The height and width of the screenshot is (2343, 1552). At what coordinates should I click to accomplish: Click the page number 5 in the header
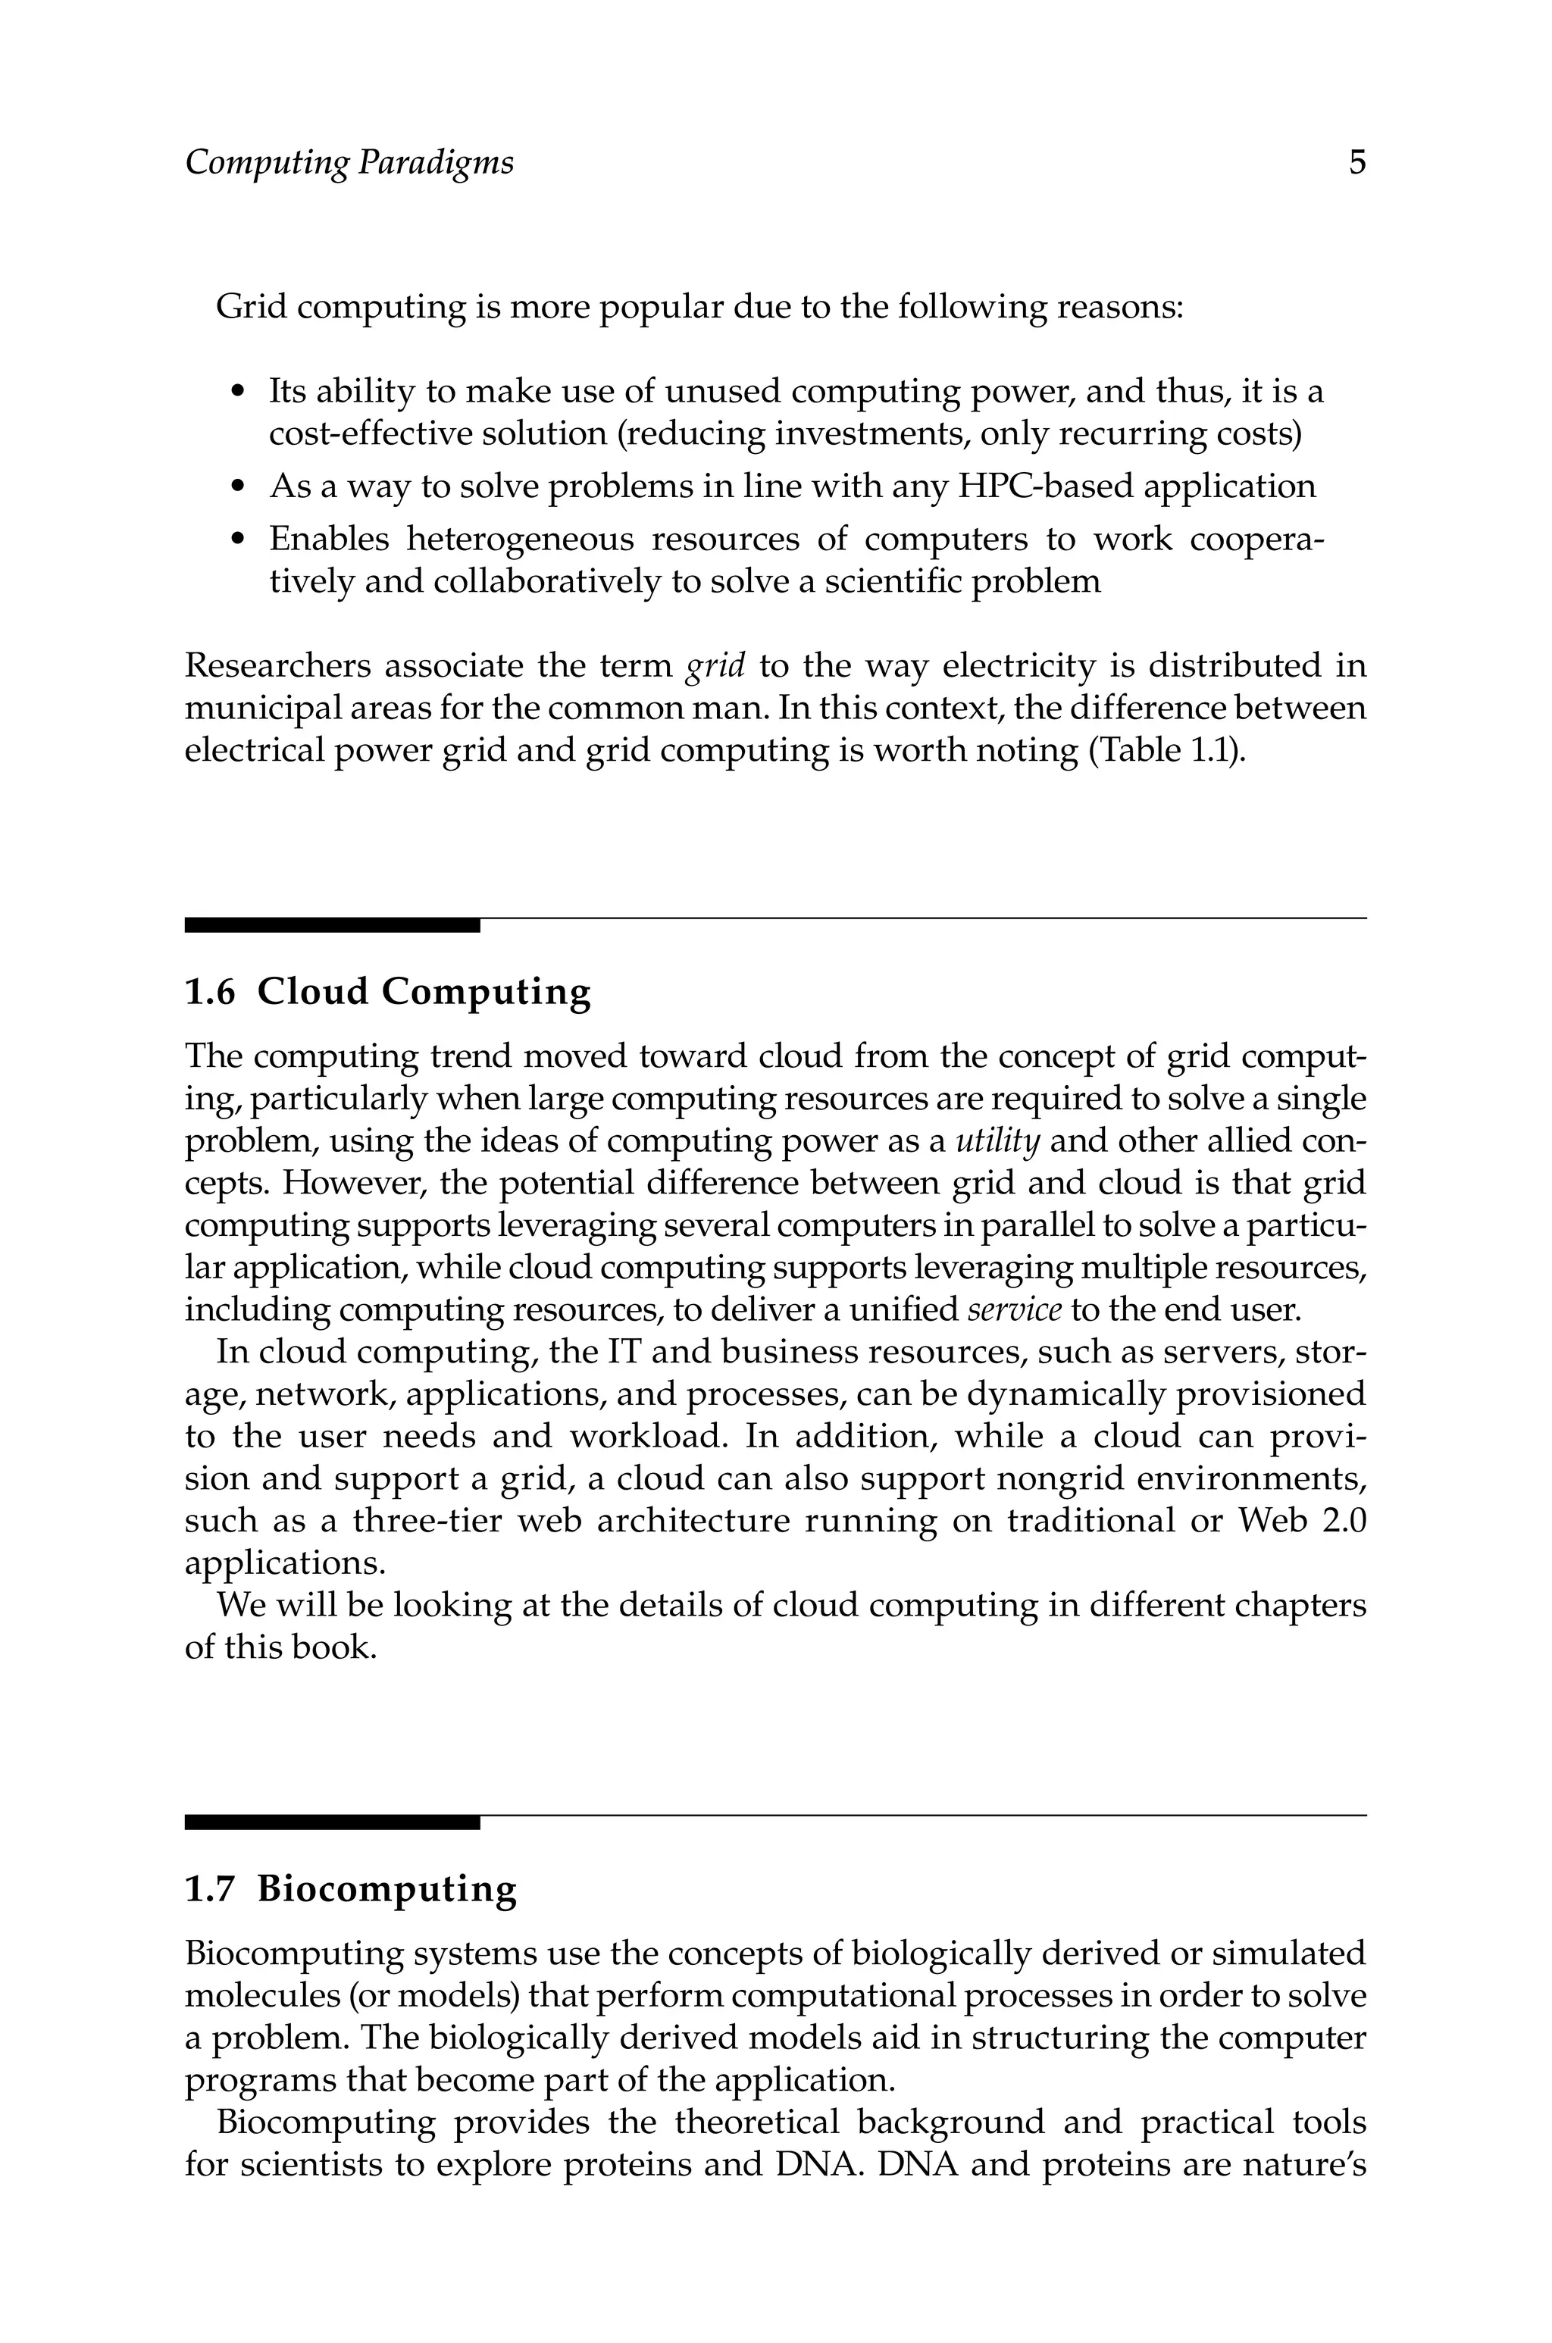1357,162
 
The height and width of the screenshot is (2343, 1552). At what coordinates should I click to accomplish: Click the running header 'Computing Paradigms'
349,162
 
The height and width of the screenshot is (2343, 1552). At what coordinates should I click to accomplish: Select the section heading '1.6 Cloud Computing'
388,991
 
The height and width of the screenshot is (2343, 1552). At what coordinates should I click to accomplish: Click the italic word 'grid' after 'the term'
715,666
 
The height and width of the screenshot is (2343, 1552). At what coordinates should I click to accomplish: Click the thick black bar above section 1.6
332,925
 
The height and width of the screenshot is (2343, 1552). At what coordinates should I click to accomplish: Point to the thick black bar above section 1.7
332,1822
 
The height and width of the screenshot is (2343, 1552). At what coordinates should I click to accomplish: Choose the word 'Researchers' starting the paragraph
276,666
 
